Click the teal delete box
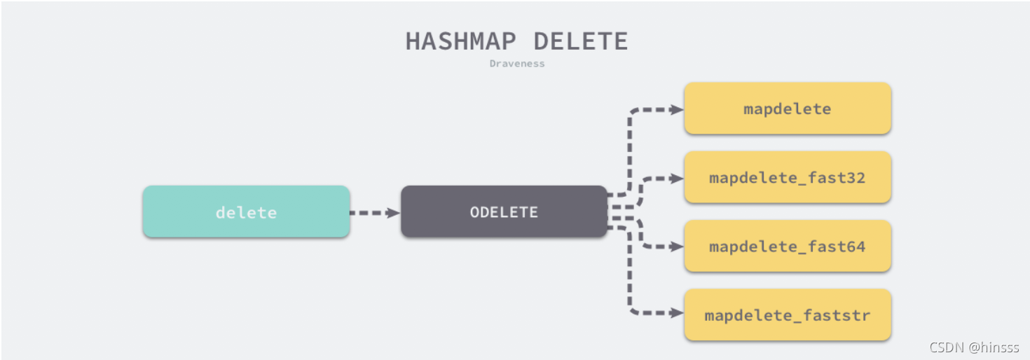(246, 212)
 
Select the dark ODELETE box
(504, 212)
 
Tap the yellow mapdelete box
(787, 109)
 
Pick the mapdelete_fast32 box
(787, 177)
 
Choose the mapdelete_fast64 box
(787, 246)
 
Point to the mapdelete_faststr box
(787, 314)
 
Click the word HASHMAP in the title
(463, 41)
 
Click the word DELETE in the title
(581, 41)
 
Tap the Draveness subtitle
(517, 64)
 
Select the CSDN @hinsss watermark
(974, 347)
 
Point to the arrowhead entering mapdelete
(677, 109)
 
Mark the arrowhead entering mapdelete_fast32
(677, 178)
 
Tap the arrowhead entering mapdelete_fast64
(677, 247)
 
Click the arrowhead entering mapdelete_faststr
(677, 314)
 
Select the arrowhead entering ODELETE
(394, 212)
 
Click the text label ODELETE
(504, 212)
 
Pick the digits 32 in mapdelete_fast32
(857, 177)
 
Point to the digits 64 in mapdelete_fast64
(857, 246)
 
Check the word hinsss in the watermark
(995, 347)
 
